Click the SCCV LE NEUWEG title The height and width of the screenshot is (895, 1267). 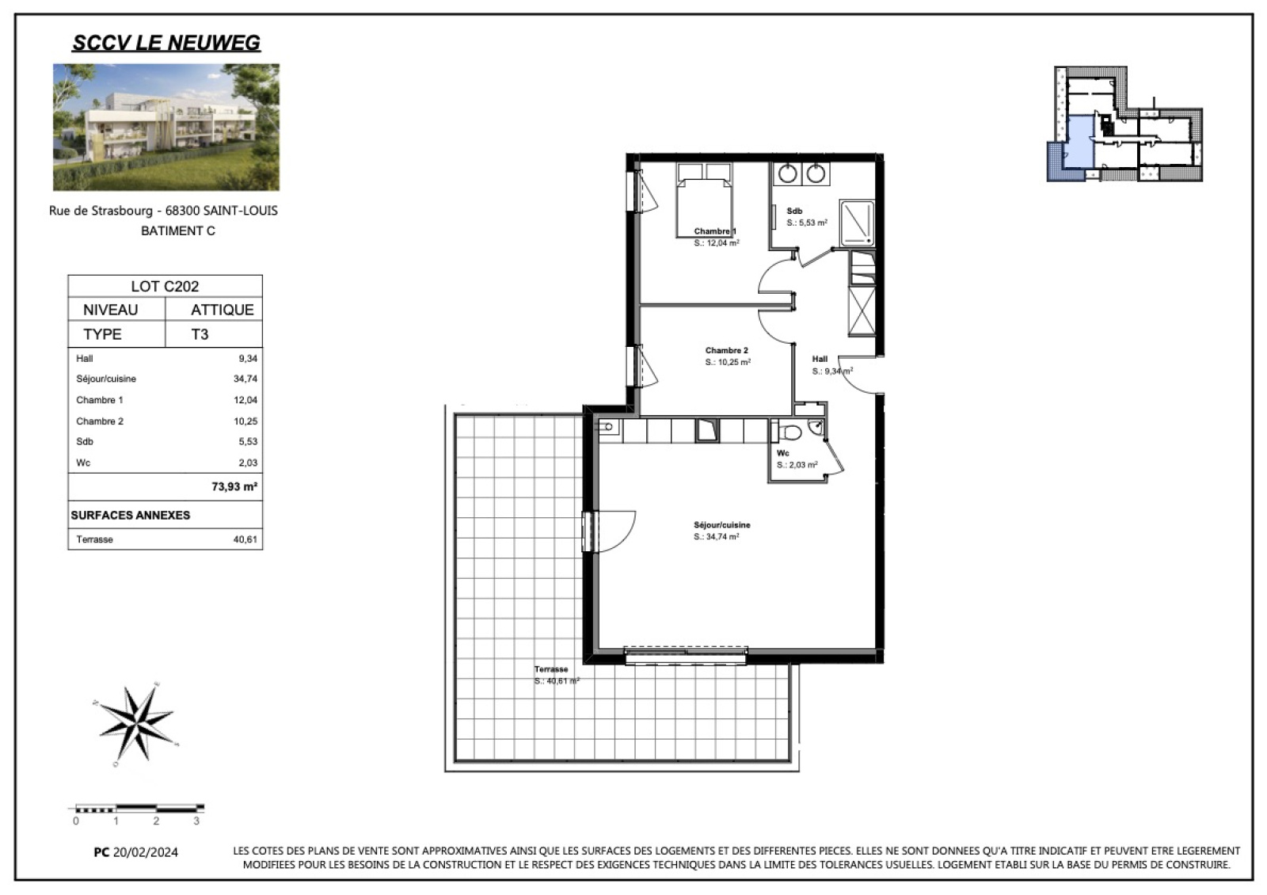click(166, 43)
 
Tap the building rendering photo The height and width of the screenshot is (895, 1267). click(166, 127)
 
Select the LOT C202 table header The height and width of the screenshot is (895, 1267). click(166, 286)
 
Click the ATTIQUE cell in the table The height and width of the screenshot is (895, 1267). click(223, 310)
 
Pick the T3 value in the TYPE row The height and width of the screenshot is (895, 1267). click(200, 334)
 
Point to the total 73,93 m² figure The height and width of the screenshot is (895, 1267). click(234, 486)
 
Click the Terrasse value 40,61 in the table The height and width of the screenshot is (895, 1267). click(245, 539)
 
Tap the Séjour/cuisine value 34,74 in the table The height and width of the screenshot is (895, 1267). click(245, 379)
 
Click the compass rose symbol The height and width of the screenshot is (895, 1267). click(136, 725)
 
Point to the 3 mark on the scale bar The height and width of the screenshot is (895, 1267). click(196, 821)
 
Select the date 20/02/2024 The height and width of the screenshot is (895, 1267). click(146, 852)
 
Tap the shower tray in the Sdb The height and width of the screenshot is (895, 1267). click(858, 223)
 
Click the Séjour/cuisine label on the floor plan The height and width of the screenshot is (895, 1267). click(721, 525)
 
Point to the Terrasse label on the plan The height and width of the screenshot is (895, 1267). click(551, 669)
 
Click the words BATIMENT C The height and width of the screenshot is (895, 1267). click(178, 230)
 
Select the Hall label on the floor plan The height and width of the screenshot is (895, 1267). click(820, 359)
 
